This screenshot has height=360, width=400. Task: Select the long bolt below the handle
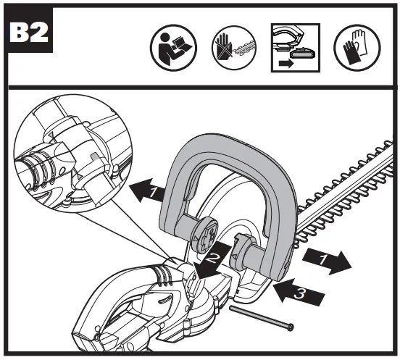[x=261, y=316]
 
